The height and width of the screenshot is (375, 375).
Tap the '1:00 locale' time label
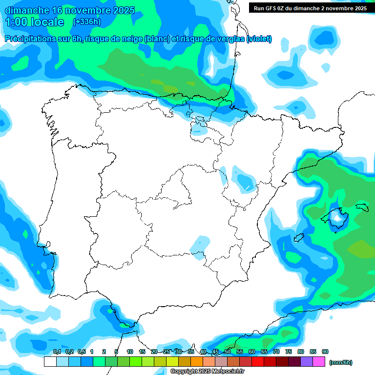point(34,22)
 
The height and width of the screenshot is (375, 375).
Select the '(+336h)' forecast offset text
point(86,22)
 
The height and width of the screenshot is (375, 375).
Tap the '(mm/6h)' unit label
point(341,362)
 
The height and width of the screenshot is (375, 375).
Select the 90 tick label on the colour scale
point(325,352)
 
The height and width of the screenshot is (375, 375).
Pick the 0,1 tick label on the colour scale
point(57,352)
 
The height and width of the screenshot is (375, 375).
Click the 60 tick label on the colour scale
point(252,352)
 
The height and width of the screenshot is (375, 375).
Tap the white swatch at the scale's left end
point(50,362)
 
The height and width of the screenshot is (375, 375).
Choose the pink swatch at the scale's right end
point(319,362)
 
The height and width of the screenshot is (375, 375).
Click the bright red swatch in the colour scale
point(258,362)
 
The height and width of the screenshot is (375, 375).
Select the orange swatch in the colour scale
point(197,362)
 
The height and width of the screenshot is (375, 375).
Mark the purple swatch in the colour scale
point(307,362)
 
